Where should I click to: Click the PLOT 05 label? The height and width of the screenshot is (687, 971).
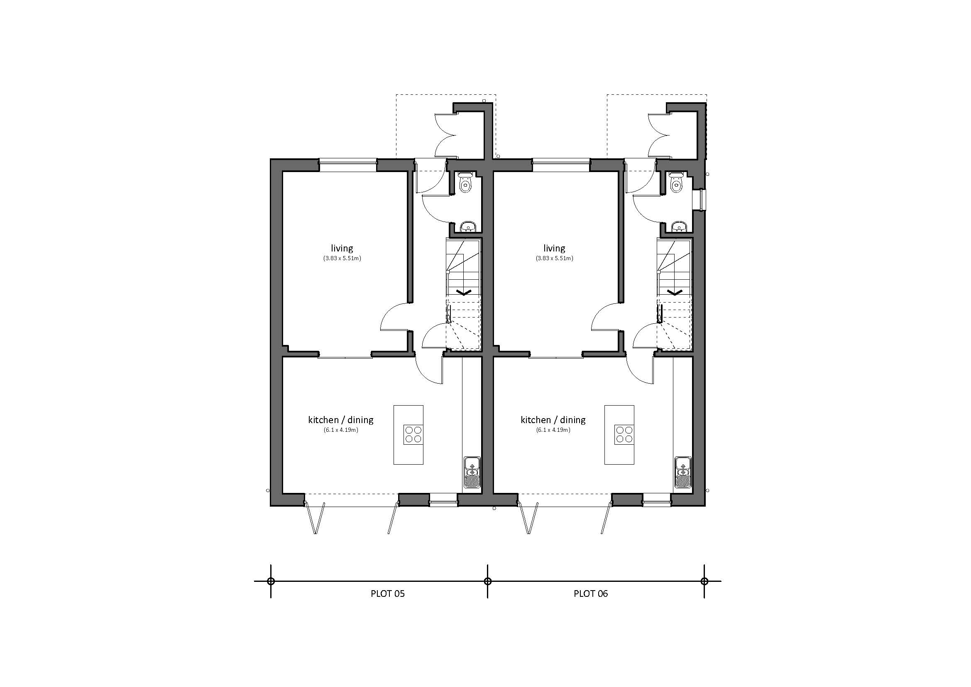click(387, 593)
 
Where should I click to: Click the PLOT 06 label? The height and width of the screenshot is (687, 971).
click(590, 593)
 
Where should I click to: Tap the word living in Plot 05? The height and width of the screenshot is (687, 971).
click(342, 248)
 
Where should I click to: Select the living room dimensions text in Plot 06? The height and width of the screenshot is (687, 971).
click(554, 258)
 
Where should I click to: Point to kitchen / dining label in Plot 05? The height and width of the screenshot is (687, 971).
click(340, 420)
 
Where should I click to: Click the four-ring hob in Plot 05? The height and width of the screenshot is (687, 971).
click(413, 434)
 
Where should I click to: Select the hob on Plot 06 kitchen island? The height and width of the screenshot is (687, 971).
click(624, 434)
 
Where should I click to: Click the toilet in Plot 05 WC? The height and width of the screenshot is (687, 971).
click(466, 183)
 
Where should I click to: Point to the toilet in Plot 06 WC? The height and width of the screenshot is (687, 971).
click(677, 183)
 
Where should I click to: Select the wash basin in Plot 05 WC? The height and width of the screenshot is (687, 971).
click(468, 227)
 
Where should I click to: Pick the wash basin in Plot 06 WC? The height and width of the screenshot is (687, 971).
click(679, 227)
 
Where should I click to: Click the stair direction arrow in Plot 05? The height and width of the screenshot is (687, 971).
click(464, 292)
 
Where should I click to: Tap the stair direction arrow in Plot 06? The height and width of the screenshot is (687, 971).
click(674, 292)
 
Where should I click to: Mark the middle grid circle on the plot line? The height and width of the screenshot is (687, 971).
click(488, 581)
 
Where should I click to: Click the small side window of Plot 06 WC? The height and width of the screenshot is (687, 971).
click(702, 200)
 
